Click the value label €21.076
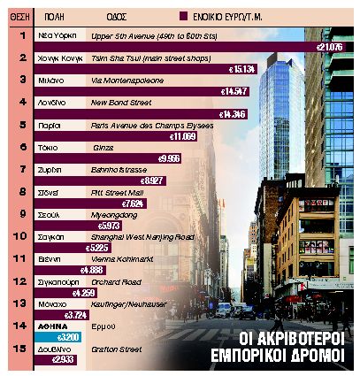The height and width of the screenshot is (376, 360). click(333, 45)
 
